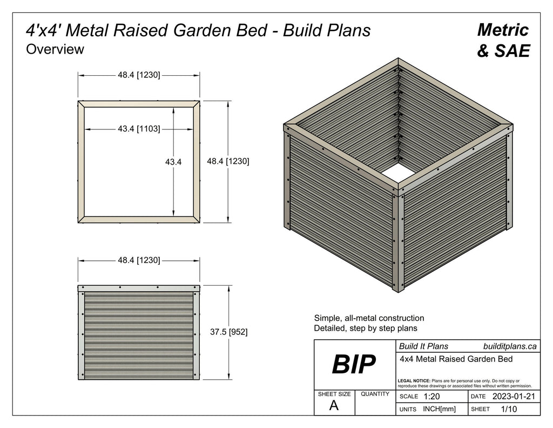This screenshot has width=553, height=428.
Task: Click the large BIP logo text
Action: [354, 365]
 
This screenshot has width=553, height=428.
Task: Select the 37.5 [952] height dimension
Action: [228, 332]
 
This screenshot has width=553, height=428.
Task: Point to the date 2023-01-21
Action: [514, 397]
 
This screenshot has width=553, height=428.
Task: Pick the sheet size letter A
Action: [334, 406]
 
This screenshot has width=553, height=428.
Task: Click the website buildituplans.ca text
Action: [509, 346]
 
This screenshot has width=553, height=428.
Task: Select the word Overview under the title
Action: [55, 49]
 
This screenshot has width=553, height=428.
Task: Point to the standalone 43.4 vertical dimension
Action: [173, 161]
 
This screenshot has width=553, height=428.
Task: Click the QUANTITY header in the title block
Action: [375, 394]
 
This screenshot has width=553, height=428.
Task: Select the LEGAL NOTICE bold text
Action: [414, 381]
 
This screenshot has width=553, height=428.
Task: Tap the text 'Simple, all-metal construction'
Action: [369, 318]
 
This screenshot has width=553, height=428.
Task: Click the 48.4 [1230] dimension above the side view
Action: [139, 260]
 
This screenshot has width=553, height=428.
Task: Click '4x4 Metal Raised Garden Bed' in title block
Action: [455, 358]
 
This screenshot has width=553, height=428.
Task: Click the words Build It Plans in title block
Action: [423, 346]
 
